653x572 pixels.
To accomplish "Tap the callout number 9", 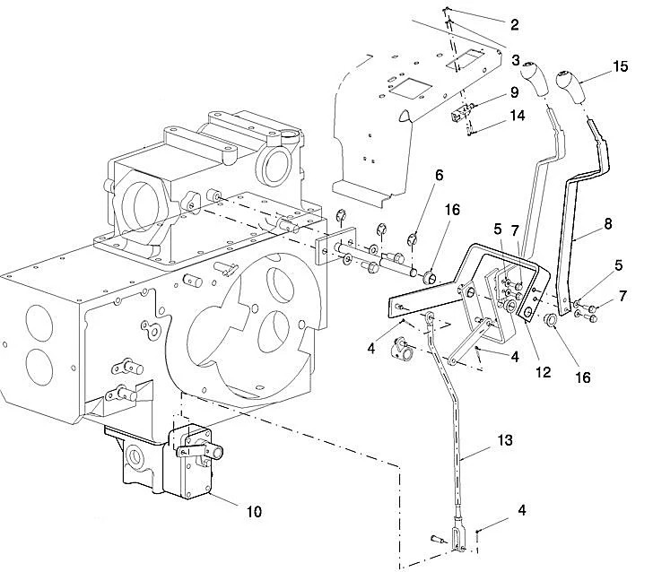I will tap(515, 92).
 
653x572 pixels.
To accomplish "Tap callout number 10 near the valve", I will tap(254, 511).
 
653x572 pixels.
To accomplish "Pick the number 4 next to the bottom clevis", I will tap(520, 511).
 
